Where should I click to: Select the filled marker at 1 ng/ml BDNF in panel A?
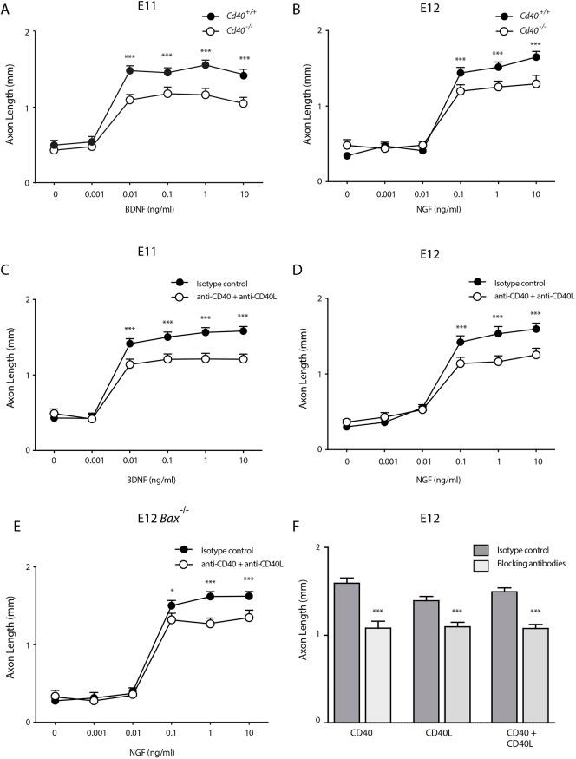point(205,65)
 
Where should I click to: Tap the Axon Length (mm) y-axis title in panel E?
point(11,644)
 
